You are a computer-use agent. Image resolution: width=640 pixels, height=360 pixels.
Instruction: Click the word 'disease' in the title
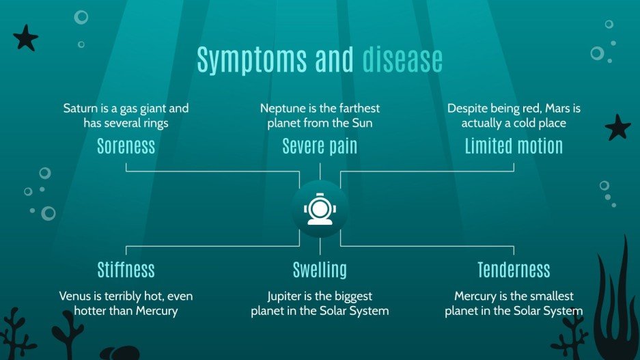tap(402, 60)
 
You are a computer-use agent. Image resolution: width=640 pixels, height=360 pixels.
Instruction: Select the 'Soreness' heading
tap(126, 146)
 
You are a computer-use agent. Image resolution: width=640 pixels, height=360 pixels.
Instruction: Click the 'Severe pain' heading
tap(320, 146)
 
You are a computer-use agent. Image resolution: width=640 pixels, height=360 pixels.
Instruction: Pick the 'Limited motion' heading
tap(514, 146)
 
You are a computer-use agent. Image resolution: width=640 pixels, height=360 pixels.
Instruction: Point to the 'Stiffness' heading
tap(126, 269)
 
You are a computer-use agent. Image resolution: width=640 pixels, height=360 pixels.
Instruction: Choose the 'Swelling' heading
tap(320, 269)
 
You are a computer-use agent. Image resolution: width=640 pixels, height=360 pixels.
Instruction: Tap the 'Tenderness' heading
tap(514, 269)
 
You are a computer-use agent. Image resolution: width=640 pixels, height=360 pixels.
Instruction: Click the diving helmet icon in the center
tap(320, 209)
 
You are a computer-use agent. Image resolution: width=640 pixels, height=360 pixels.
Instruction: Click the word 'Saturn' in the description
tap(80, 109)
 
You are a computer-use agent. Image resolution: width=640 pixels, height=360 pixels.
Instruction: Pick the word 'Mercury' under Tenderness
tap(477, 296)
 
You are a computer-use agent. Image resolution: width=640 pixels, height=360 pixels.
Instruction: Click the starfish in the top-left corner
tap(26, 38)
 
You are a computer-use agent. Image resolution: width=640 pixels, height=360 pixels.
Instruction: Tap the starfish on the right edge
tap(618, 127)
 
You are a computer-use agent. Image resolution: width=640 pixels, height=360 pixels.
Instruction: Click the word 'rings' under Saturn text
tap(154, 124)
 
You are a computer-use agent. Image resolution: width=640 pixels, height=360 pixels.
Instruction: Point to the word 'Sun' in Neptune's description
tap(370, 124)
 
